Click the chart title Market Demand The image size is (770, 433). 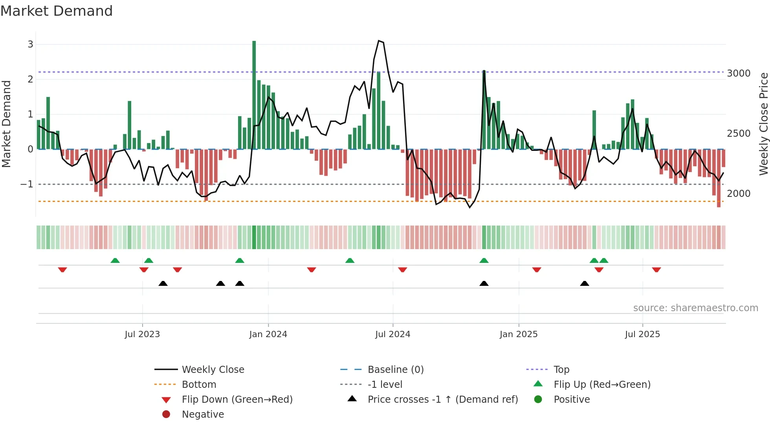coord(57,11)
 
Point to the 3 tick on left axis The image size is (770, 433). coord(30,44)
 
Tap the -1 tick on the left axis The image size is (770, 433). coord(27,184)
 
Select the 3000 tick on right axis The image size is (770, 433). coord(739,73)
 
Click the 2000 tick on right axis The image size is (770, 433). coord(739,194)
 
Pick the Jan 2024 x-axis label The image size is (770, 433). coord(268,334)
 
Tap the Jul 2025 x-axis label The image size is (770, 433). coord(642,334)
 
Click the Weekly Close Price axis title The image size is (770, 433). coord(763,124)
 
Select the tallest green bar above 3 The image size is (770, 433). coord(254,94)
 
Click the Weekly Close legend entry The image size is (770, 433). coord(213,370)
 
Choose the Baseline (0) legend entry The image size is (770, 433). coord(395,370)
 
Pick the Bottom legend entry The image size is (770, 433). coord(199,385)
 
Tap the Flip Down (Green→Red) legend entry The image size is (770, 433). coord(237,400)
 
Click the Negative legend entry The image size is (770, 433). coord(203,415)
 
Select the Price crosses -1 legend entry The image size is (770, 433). coord(442,400)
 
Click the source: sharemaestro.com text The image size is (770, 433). coord(695,308)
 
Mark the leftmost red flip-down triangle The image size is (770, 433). coord(62,270)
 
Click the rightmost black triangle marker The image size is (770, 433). coord(585,283)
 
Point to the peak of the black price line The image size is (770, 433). coord(379,41)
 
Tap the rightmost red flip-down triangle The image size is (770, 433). coord(656,270)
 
